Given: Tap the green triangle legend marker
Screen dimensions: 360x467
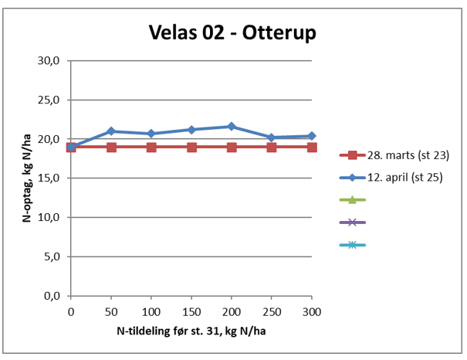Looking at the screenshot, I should (352, 200).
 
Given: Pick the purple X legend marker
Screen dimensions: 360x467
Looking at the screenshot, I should (352, 222).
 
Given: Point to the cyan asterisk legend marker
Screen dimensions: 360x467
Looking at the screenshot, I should (352, 246).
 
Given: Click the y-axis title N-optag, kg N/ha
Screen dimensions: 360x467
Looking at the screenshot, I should (26, 178).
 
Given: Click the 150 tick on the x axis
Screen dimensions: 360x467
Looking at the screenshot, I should (191, 311).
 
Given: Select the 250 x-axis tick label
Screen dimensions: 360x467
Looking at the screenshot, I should (272, 311).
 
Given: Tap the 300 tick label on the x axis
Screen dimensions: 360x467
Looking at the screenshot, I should (312, 311).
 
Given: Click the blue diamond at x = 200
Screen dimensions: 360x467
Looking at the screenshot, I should (232, 126).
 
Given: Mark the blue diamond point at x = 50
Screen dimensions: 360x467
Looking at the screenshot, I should (111, 131).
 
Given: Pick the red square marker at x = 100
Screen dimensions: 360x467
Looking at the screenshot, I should (151, 147).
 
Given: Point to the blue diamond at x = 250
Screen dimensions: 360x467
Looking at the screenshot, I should (272, 138).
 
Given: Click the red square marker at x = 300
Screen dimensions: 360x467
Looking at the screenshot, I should (312, 147).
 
